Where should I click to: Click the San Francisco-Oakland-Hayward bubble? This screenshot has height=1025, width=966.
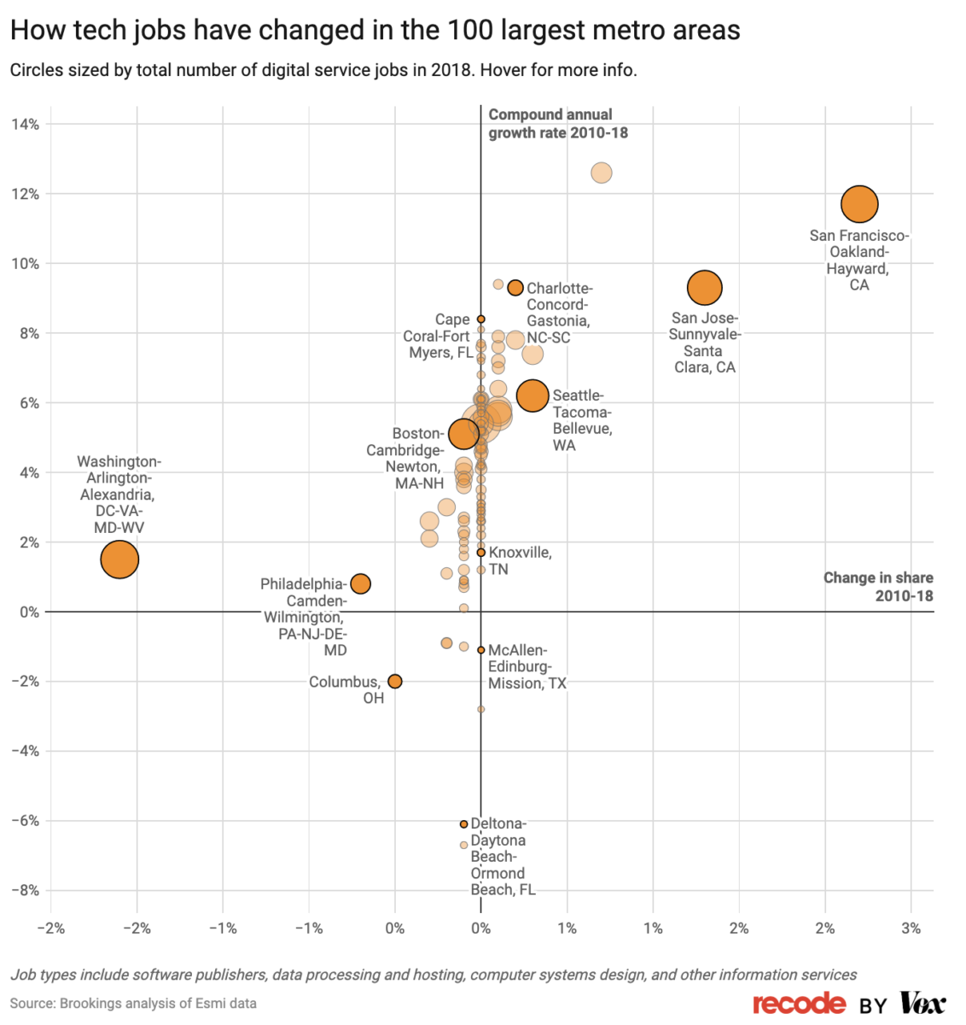[859, 204]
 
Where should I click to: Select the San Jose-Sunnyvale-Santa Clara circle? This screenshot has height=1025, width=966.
[704, 288]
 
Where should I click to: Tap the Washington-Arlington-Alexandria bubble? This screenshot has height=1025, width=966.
[119, 559]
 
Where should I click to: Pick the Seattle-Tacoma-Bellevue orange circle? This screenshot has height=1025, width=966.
[532, 395]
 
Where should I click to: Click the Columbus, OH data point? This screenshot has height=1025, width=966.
[394, 681]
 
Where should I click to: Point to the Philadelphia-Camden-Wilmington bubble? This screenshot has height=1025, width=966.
[360, 584]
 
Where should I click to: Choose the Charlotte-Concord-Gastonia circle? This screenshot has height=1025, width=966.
[515, 288]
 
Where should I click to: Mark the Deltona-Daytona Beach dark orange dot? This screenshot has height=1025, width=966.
[464, 824]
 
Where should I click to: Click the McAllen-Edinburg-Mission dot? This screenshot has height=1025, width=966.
[481, 650]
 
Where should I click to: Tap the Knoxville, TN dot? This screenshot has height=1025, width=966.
[481, 553]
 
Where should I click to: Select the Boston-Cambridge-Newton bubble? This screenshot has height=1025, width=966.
[463, 433]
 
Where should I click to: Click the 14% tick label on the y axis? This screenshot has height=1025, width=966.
[26, 125]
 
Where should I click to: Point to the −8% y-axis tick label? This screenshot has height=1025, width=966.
[26, 890]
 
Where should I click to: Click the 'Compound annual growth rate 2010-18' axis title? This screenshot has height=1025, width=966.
[558, 124]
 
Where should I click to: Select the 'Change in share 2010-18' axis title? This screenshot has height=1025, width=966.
[878, 587]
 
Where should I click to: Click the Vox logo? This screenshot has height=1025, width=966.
[922, 1004]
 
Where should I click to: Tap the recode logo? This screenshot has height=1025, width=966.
[800, 1004]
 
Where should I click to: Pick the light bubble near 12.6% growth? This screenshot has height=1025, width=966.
[602, 173]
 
